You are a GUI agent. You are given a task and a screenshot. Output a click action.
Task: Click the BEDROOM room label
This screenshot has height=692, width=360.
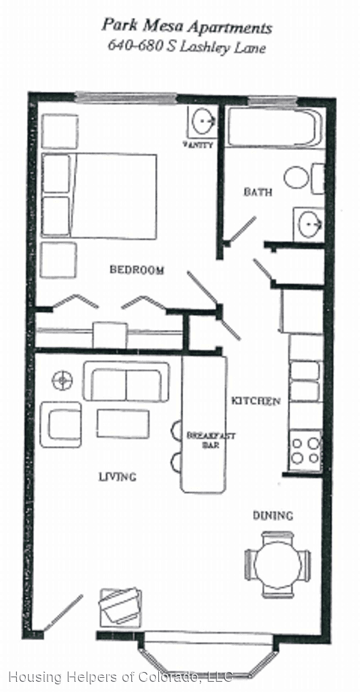(x=136, y=270)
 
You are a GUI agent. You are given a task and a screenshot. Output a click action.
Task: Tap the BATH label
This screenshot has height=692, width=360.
(x=258, y=192)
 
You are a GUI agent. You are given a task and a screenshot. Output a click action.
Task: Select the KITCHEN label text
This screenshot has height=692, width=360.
(x=256, y=401)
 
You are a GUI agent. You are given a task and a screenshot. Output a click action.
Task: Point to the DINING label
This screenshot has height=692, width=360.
(x=272, y=515)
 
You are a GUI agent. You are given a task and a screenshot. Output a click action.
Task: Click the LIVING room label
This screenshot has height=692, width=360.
(x=117, y=477)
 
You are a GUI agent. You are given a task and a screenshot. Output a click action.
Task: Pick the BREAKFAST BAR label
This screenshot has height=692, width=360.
(x=202, y=440)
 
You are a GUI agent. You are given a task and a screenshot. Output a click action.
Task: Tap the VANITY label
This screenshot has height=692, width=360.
(x=198, y=145)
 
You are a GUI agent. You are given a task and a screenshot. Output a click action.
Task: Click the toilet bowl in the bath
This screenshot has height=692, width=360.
(x=297, y=177)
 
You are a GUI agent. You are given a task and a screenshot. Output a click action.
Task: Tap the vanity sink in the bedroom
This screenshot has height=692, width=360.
(x=204, y=120)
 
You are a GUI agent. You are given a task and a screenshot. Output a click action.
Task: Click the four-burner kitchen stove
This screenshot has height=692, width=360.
(x=305, y=450)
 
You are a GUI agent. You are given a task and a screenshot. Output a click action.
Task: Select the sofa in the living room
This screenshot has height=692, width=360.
(x=126, y=383)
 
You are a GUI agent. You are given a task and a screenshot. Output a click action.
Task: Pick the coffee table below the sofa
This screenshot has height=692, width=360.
(x=123, y=424)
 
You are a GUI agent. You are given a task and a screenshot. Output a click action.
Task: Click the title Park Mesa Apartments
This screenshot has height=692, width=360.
(x=186, y=27)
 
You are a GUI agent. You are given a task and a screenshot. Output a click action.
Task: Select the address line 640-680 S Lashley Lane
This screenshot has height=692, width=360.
(x=185, y=47)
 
